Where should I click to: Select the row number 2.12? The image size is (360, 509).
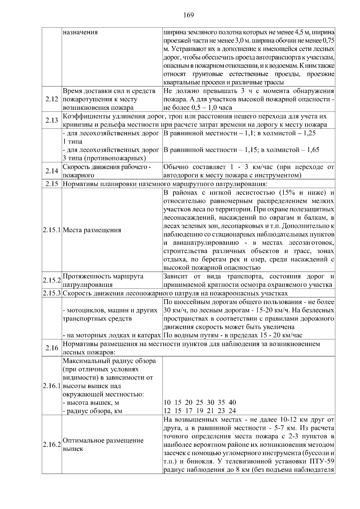pyautogui.click(x=52, y=100)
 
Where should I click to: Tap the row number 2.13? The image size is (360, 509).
pyautogui.click(x=52, y=121)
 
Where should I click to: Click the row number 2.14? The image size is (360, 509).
pyautogui.click(x=52, y=171)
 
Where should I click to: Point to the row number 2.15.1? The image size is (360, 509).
pyautogui.click(x=52, y=230)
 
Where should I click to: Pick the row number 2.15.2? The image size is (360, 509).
pyautogui.click(x=52, y=280)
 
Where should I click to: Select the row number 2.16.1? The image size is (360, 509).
pyautogui.click(x=52, y=386)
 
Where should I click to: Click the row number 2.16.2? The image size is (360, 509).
pyautogui.click(x=52, y=445)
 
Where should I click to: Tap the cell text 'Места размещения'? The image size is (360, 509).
pyautogui.click(x=92, y=230)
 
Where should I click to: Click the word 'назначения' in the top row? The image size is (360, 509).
pyautogui.click(x=80, y=32)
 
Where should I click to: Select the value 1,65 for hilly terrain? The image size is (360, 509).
pyautogui.click(x=312, y=150)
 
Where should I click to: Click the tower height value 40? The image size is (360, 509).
pyautogui.click(x=232, y=402)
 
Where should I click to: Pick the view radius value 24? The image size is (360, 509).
pyautogui.click(x=232, y=411)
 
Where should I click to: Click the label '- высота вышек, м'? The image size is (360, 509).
pyautogui.click(x=91, y=403)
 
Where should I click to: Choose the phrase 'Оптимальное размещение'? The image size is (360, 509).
pyautogui.click(x=103, y=440)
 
